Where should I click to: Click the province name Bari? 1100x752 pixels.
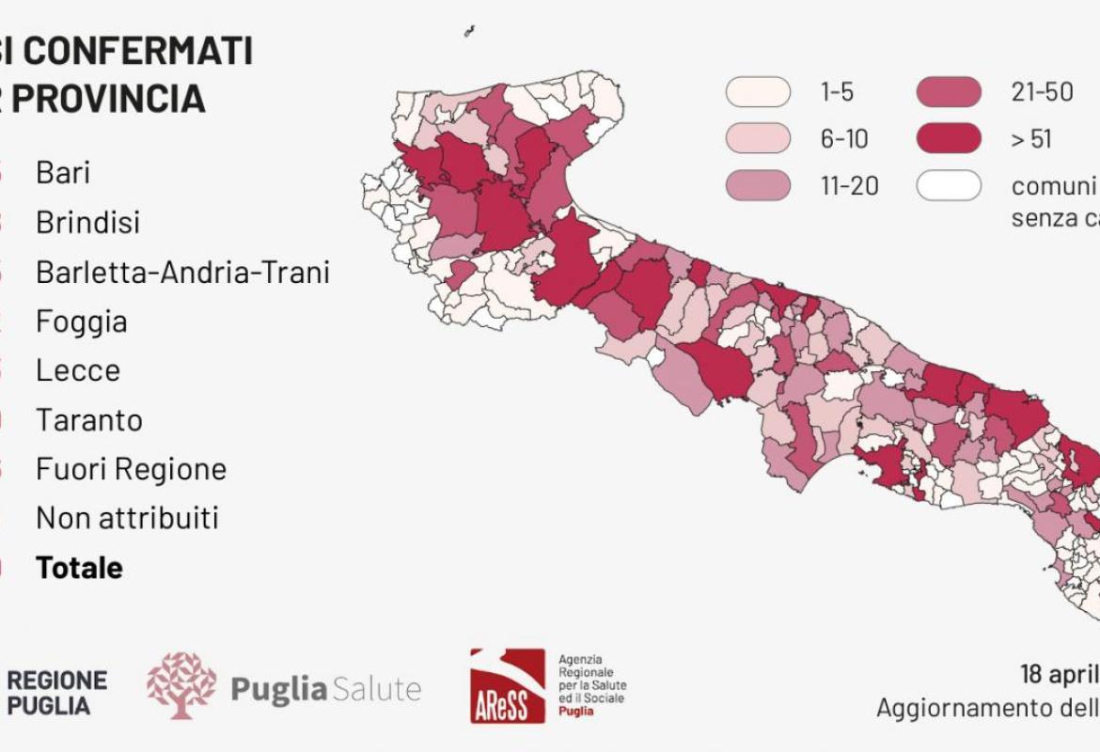tap(63, 173)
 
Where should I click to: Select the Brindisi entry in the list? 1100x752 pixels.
tap(87, 223)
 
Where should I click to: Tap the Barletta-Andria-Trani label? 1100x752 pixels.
tap(182, 273)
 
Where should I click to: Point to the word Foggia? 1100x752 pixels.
tap(81, 321)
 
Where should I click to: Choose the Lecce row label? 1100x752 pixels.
tap(78, 370)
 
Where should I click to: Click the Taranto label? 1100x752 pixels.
tap(89, 419)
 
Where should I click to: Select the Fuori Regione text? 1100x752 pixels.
tap(131, 469)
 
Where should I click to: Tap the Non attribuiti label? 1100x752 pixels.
tap(127, 518)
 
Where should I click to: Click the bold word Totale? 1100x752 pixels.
tap(79, 568)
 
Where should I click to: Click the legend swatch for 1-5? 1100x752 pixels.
tap(757, 92)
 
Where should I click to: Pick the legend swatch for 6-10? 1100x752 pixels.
tap(757, 139)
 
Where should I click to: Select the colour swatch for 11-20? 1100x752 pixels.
tap(757, 186)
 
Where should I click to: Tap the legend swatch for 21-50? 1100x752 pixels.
tap(949, 92)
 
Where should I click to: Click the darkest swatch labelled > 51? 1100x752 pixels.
tap(949, 139)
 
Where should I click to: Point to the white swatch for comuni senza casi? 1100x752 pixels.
tap(949, 186)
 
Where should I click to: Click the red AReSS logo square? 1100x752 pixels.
tap(508, 685)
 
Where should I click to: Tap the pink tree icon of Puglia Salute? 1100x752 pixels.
tap(181, 686)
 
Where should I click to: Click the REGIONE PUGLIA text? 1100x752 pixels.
tap(56, 692)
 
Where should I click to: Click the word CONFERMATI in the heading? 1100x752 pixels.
tap(137, 51)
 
